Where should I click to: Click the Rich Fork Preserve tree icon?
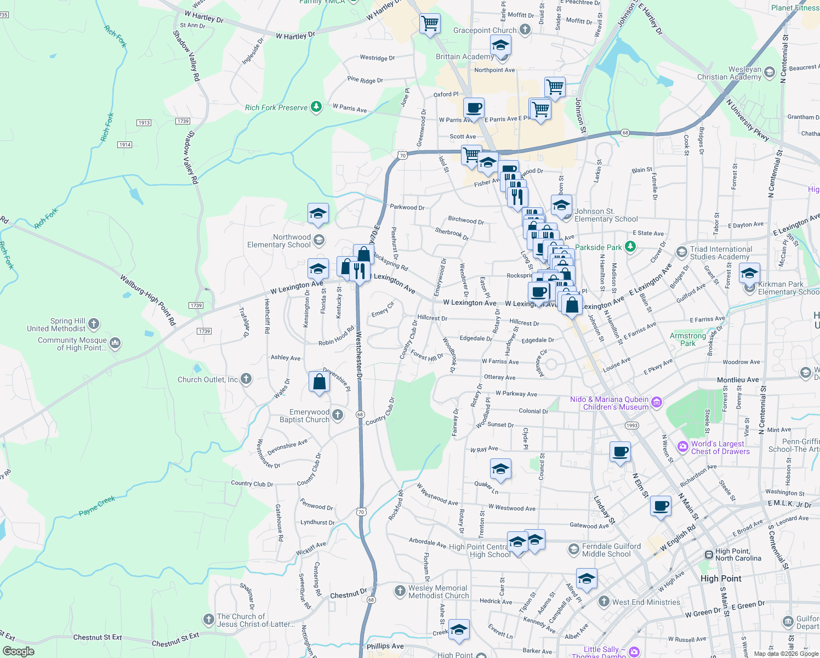tap(316, 106)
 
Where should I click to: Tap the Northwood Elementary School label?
tap(278, 241)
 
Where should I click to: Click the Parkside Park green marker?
tap(630, 247)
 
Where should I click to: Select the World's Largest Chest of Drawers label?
tap(720, 447)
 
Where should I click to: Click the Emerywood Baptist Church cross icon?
tap(338, 415)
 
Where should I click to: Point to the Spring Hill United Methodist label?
tap(56, 325)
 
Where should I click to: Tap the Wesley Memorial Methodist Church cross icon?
tap(400, 591)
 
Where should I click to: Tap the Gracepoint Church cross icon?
tap(525, 30)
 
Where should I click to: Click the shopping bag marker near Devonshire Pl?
tap(319, 382)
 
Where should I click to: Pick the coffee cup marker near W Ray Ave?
tap(620, 452)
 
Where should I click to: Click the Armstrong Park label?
tap(687, 339)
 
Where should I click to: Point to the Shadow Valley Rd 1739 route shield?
tap(183, 121)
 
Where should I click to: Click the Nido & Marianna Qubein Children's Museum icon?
tap(657, 403)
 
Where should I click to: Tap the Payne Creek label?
tap(97, 506)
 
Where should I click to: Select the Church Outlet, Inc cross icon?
tap(246, 378)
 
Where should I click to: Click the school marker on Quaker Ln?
tap(500, 469)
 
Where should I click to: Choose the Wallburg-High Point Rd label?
tap(148, 300)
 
